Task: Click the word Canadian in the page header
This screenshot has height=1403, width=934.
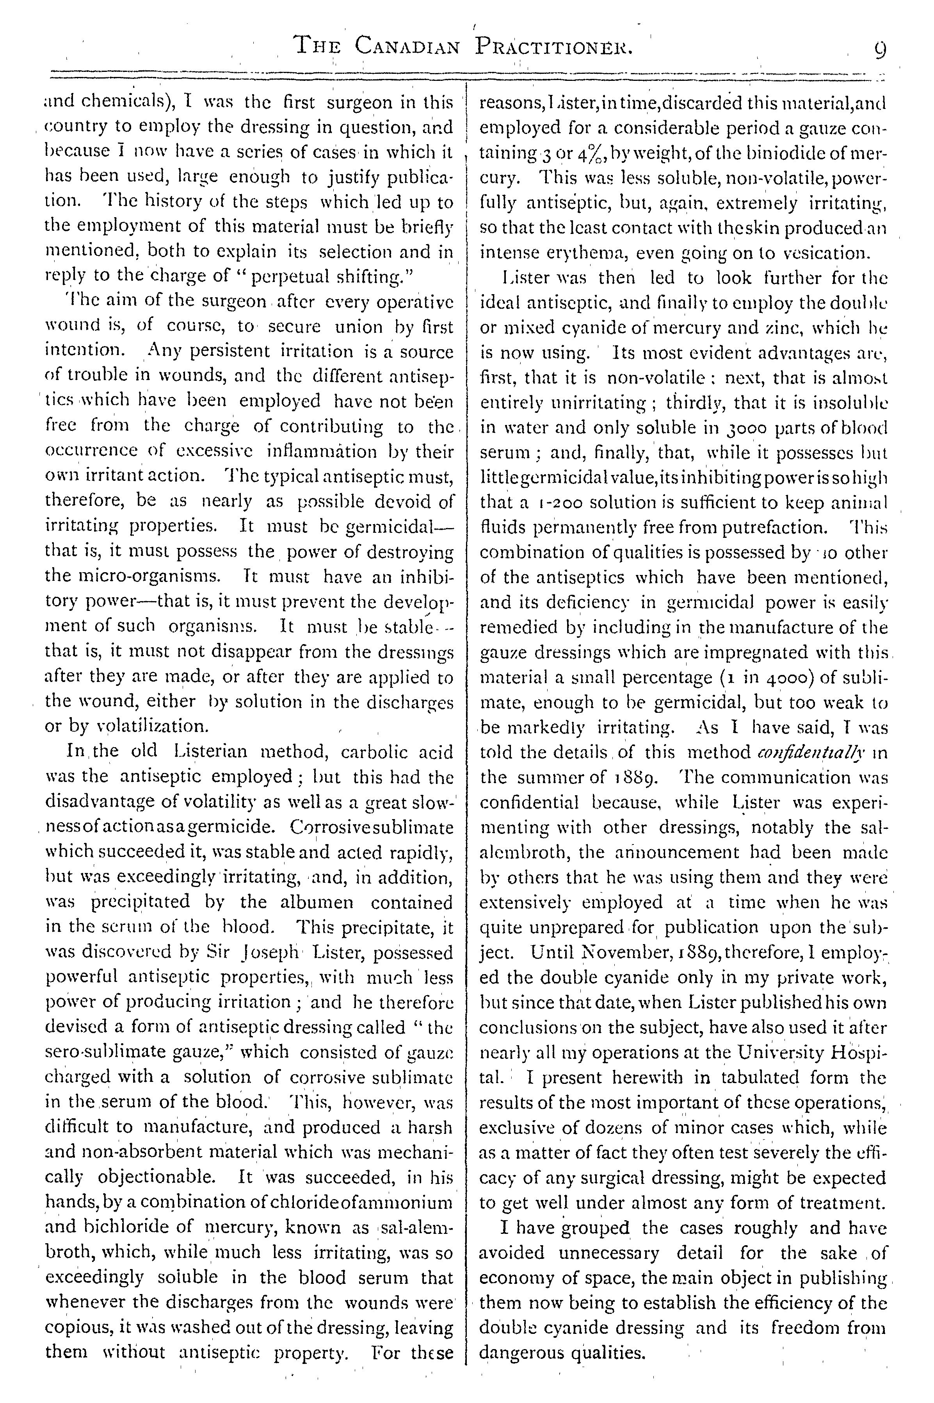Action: click(407, 45)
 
